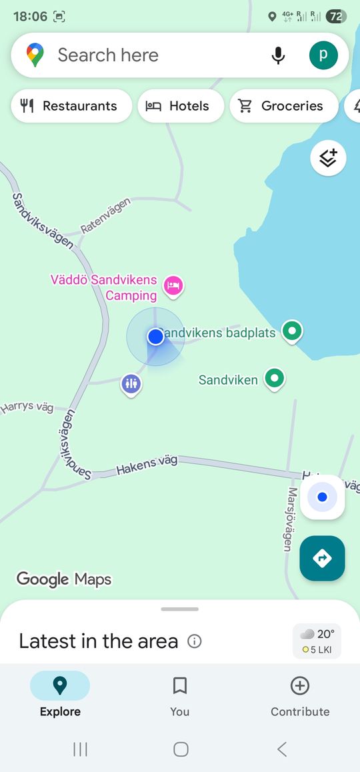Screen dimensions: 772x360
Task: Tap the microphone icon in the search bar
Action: tap(279, 55)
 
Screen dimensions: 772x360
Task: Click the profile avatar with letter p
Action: tap(323, 55)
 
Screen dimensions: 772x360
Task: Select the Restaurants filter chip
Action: tap(71, 106)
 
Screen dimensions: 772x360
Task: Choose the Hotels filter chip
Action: tap(181, 106)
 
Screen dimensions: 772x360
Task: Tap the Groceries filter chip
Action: tap(283, 106)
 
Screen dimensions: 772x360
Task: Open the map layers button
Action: tap(328, 158)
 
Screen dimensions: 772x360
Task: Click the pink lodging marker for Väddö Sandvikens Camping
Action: tap(174, 286)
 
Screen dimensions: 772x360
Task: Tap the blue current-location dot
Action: tap(156, 337)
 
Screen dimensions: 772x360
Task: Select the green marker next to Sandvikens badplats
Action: tap(291, 330)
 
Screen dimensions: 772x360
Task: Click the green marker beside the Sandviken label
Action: tap(274, 378)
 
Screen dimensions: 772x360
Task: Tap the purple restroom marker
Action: tap(131, 384)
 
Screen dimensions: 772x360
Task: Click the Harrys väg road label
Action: tap(27, 407)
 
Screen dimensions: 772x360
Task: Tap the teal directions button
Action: tap(322, 558)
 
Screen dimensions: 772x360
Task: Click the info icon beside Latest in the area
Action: tap(195, 641)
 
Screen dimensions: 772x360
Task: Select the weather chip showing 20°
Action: tap(317, 641)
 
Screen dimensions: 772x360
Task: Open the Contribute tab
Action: tap(300, 696)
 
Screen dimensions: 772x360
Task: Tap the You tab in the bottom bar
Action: tap(180, 696)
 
